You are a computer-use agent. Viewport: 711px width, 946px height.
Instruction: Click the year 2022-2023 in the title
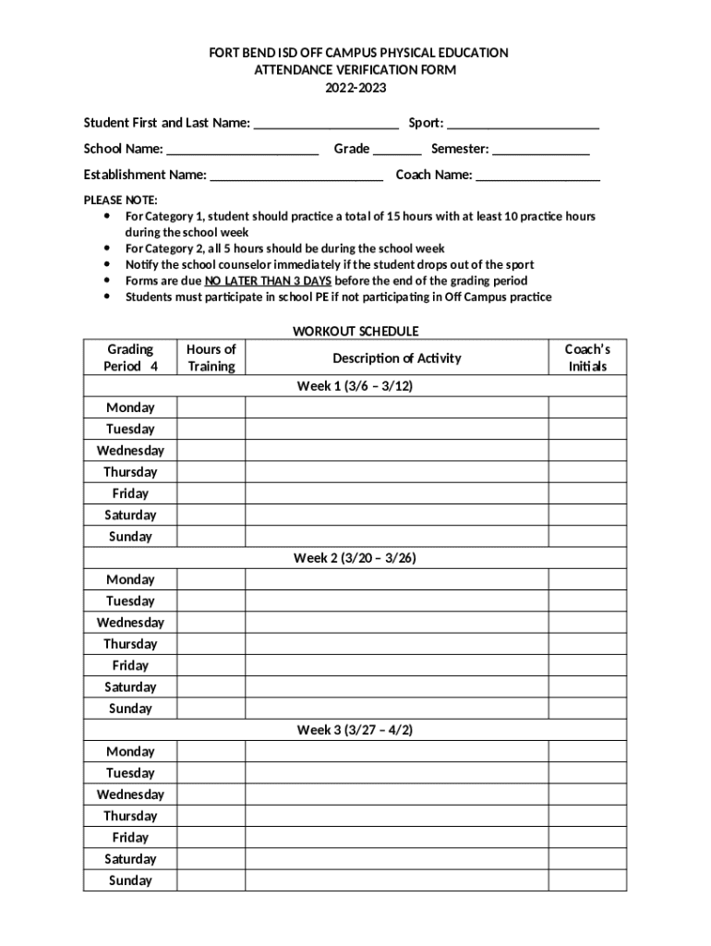click(355, 89)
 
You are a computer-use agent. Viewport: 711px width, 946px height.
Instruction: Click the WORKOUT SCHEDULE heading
click(355, 331)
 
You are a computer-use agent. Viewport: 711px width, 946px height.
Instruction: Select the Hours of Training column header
click(211, 358)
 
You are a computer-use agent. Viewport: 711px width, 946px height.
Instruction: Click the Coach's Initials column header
click(587, 358)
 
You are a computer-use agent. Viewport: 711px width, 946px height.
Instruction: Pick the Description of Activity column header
click(397, 358)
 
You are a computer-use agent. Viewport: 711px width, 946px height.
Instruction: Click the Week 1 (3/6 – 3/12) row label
click(355, 386)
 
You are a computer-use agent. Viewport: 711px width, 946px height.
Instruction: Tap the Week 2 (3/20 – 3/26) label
click(355, 558)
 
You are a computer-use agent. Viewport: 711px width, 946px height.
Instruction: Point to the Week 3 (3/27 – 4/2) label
click(355, 730)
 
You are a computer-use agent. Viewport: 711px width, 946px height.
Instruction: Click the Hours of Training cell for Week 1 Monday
click(211, 407)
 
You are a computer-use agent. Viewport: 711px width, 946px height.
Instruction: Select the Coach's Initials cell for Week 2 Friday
click(587, 665)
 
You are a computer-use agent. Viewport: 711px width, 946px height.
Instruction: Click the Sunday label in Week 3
click(130, 880)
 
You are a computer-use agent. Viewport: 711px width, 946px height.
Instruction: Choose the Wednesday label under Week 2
click(130, 623)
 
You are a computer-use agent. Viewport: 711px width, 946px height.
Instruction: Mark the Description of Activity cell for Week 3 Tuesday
click(397, 772)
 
